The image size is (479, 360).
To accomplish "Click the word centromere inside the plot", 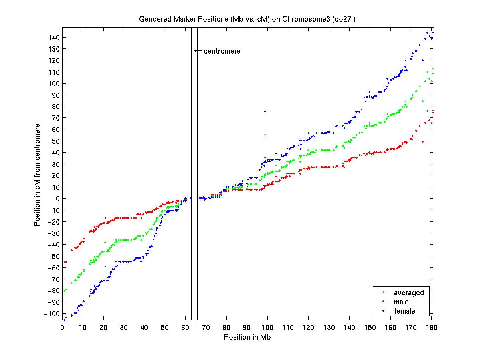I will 222,51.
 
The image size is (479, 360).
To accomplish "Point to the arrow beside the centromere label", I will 198,51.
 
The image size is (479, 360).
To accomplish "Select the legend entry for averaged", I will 409,293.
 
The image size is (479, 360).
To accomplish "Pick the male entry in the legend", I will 401,302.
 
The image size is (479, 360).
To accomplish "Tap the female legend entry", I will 404,311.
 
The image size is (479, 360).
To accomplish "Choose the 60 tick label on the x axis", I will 186,328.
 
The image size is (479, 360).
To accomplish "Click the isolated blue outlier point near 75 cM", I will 265,111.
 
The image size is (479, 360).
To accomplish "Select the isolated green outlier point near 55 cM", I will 265,135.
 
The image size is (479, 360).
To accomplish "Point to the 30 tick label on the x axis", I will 124,328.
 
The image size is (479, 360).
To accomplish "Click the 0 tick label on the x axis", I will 62,328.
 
